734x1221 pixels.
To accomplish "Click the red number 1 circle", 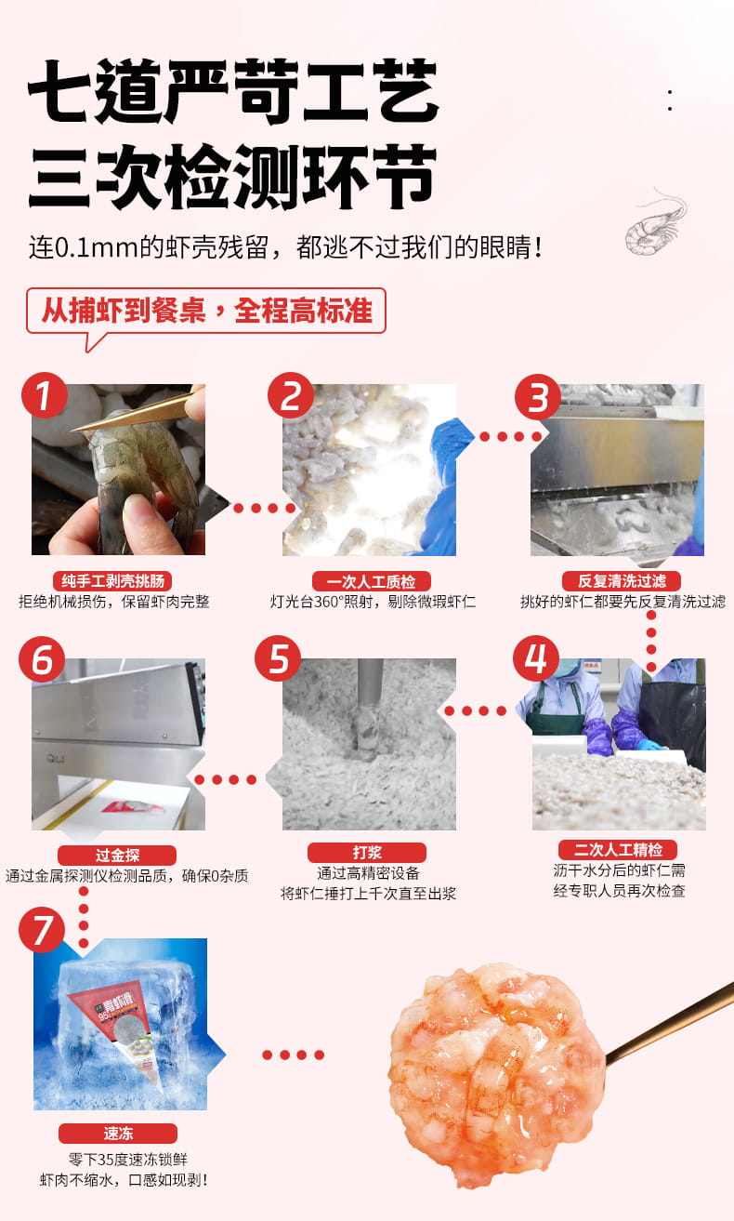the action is [x=44, y=395].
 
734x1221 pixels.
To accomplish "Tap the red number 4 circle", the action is [x=536, y=657].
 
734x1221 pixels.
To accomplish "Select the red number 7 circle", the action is [x=42, y=930].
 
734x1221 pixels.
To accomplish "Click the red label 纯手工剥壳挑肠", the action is [x=112, y=581].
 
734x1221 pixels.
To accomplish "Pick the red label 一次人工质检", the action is [x=372, y=581].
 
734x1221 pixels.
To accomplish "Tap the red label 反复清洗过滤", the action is [x=622, y=581].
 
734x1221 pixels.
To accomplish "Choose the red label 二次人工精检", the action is [x=618, y=849].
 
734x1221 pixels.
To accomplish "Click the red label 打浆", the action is [x=367, y=853].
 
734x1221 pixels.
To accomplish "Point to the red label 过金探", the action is [x=117, y=856].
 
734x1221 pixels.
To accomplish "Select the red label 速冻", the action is [x=118, y=1134].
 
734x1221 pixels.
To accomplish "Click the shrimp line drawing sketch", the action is [x=656, y=222].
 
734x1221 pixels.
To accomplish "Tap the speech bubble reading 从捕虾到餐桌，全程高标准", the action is [x=206, y=312].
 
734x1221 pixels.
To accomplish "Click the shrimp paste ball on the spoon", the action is [x=496, y=1075].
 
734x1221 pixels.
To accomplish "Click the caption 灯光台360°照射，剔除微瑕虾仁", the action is [x=373, y=602].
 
